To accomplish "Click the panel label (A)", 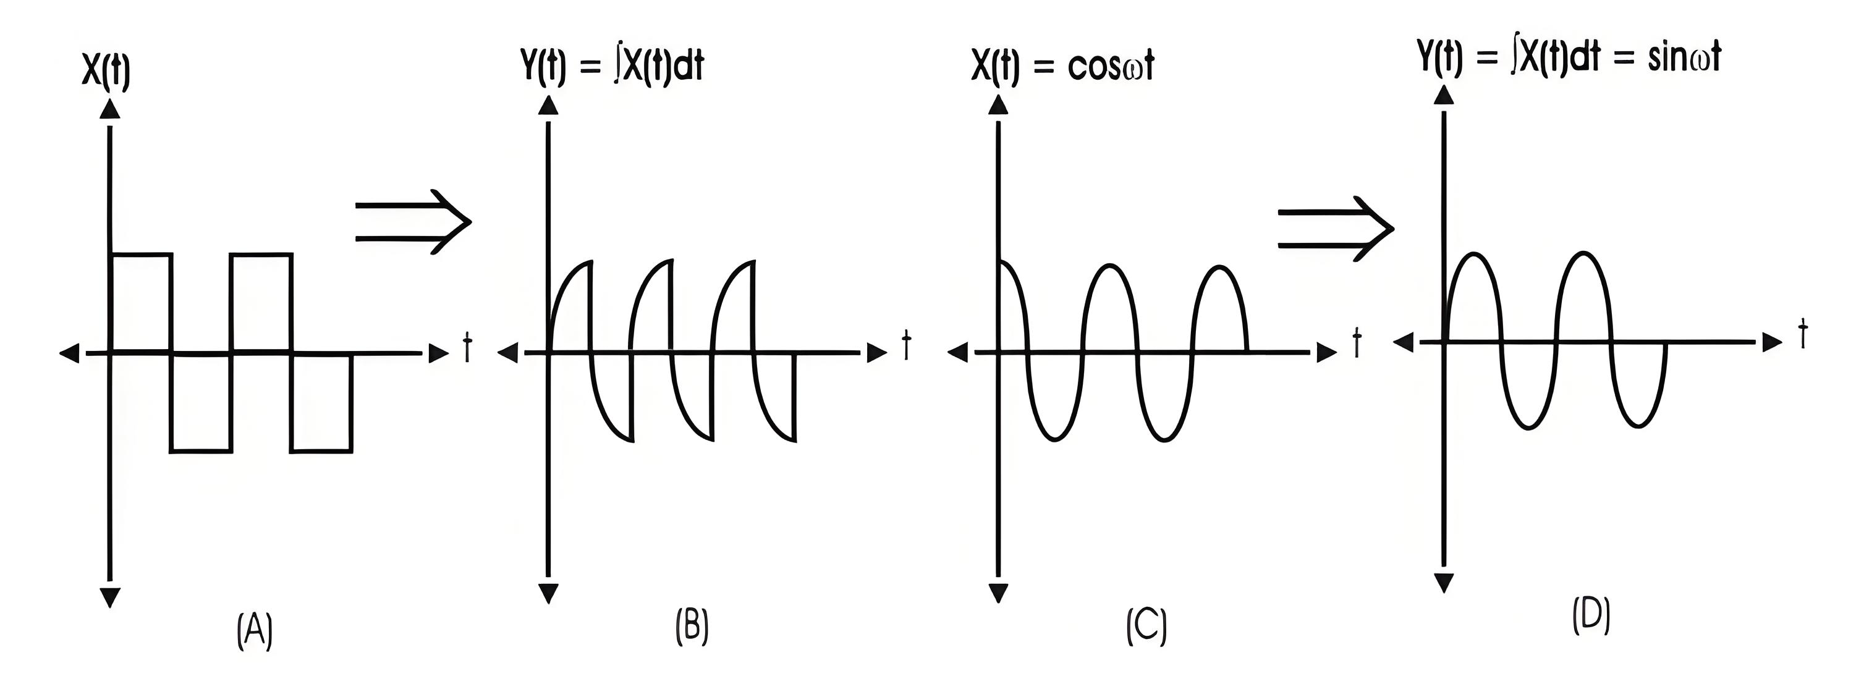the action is click(255, 630).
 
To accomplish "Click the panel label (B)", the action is click(692, 625).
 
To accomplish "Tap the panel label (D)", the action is click(1591, 617).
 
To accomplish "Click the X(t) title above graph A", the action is click(106, 72).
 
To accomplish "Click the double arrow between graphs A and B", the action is click(413, 222).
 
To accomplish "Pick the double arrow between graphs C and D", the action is click(1336, 229).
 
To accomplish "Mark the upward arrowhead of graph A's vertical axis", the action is click(109, 109).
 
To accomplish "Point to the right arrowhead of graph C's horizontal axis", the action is click(1326, 353).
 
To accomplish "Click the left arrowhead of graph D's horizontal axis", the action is click(1403, 342).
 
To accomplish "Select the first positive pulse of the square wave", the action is click(141, 254).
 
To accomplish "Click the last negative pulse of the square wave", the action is click(322, 451).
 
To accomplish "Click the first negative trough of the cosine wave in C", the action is click(1054, 439).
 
